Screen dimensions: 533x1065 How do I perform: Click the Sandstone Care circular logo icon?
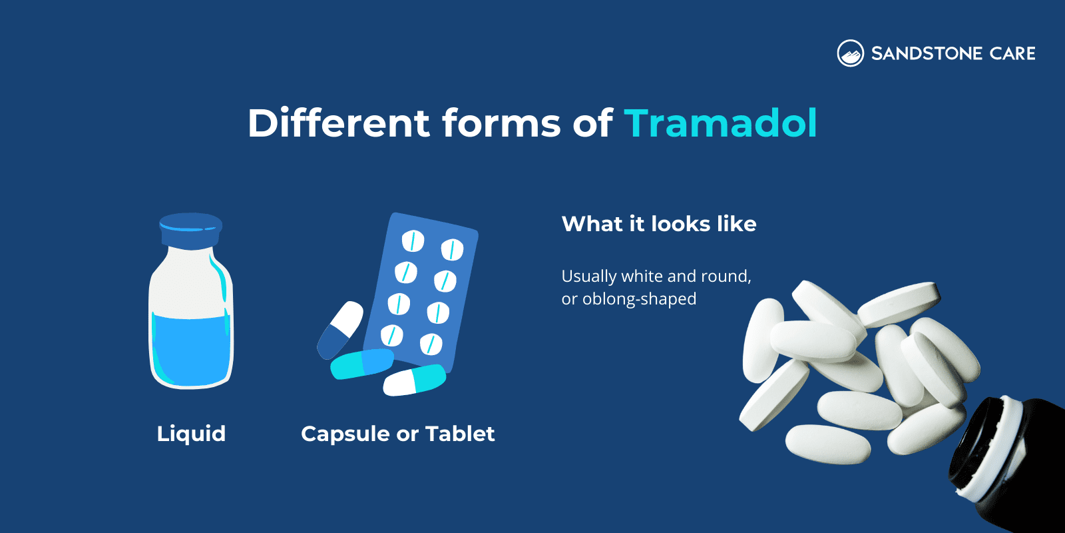pyautogui.click(x=850, y=53)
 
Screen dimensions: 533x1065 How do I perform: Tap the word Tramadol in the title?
pyautogui.click(x=720, y=123)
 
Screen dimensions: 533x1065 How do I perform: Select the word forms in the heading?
pyautogui.click(x=501, y=123)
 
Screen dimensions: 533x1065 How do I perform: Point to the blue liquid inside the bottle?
pyautogui.click(x=191, y=350)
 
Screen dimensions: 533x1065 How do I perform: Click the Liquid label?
pyautogui.click(x=191, y=434)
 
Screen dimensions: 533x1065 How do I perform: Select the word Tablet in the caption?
pyautogui.click(x=460, y=434)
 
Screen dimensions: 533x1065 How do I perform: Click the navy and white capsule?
pyautogui.click(x=340, y=330)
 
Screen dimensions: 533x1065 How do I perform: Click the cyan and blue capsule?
pyautogui.click(x=362, y=364)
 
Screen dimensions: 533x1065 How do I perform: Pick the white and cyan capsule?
pyautogui.click(x=414, y=380)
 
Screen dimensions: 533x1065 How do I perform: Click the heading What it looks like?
pyautogui.click(x=659, y=224)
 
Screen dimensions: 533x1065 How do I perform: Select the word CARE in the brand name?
pyautogui.click(x=1012, y=53)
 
